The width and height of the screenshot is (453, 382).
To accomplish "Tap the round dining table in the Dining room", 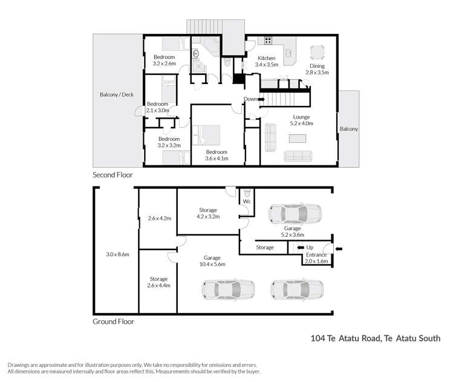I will tap(317, 52).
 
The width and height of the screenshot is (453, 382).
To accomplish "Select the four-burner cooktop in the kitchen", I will tap(267, 41).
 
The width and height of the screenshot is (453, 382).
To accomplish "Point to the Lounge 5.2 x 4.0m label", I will tap(301, 120).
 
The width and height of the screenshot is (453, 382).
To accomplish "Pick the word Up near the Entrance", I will tap(310, 248).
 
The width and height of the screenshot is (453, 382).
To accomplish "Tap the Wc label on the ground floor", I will tap(247, 201).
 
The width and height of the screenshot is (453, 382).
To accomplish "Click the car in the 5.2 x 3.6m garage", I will tap(295, 214).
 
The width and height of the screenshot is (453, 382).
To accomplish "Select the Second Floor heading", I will tap(112, 175).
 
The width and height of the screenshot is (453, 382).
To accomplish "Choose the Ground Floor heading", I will tap(113, 321).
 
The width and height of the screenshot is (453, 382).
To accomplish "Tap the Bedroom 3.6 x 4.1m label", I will tap(217, 155).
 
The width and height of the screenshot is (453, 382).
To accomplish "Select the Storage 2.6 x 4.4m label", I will tap(157, 282).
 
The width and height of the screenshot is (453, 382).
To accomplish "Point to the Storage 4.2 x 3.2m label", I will tap(207, 213).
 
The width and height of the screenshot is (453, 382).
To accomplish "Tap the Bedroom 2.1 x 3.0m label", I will tap(157, 107).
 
